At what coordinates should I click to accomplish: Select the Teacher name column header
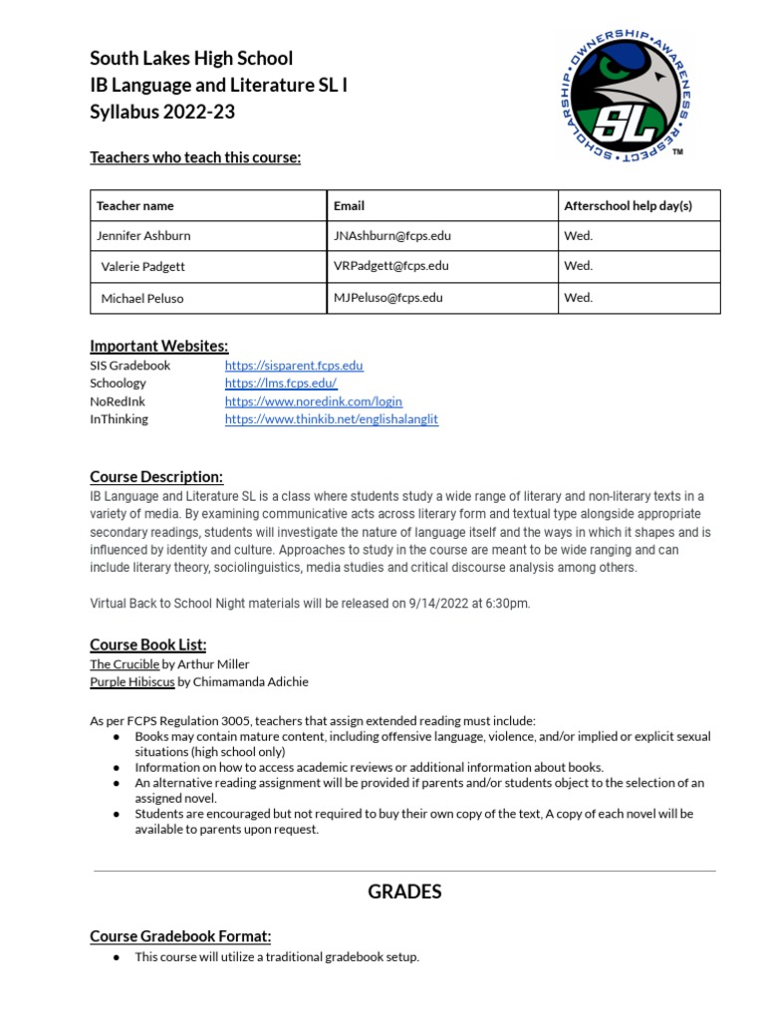click(x=134, y=206)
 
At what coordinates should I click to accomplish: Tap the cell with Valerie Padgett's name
click(x=143, y=267)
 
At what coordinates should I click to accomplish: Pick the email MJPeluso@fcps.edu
click(x=388, y=297)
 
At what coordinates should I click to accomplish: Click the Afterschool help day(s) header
click(x=628, y=206)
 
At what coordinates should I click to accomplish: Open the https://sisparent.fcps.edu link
click(x=294, y=366)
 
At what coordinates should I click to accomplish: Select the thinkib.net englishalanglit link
click(x=332, y=419)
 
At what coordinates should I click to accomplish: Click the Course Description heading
click(x=156, y=477)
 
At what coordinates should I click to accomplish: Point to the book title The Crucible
click(x=124, y=664)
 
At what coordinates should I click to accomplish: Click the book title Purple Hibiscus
click(x=132, y=682)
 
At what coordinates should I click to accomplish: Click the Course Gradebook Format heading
click(x=180, y=936)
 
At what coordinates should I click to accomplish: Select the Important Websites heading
click(x=159, y=347)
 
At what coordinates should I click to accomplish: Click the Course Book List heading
click(x=148, y=645)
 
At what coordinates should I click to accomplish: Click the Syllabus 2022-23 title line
click(x=162, y=112)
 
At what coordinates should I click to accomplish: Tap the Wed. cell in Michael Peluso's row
click(x=579, y=297)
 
